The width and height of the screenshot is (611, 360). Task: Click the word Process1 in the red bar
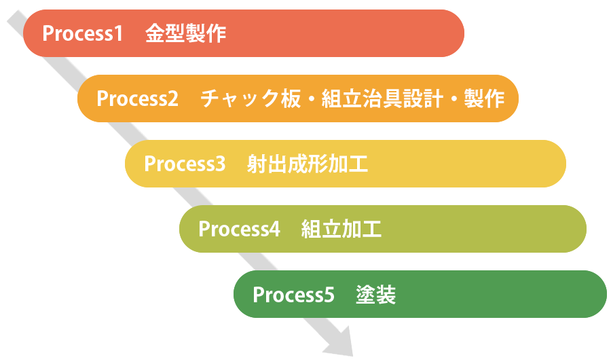click(x=82, y=34)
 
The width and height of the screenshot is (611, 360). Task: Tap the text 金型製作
click(x=185, y=34)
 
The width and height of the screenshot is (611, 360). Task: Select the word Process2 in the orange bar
click(x=137, y=98)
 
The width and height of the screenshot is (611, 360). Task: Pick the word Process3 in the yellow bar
click(x=185, y=164)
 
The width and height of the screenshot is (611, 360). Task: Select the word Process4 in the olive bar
click(x=239, y=229)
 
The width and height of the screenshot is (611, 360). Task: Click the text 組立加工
click(x=341, y=229)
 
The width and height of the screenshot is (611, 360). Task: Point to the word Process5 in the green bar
click(x=293, y=295)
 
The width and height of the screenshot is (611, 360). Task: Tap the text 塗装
click(x=375, y=295)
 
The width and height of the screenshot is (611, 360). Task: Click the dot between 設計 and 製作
click(x=452, y=99)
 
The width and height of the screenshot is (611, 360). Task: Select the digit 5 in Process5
click(x=329, y=295)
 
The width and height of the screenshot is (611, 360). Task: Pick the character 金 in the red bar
click(x=155, y=34)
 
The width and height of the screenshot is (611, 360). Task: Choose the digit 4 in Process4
click(x=274, y=229)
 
